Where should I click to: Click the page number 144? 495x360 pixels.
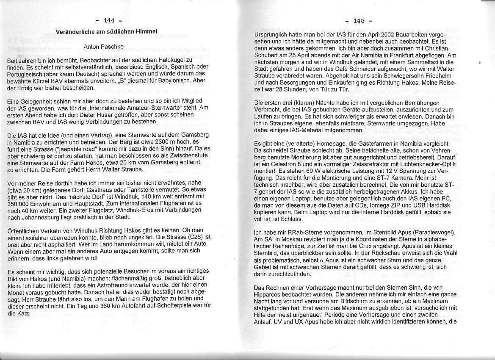point(109,21)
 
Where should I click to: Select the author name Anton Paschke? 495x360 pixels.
point(104,47)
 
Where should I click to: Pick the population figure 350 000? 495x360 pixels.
point(19,204)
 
